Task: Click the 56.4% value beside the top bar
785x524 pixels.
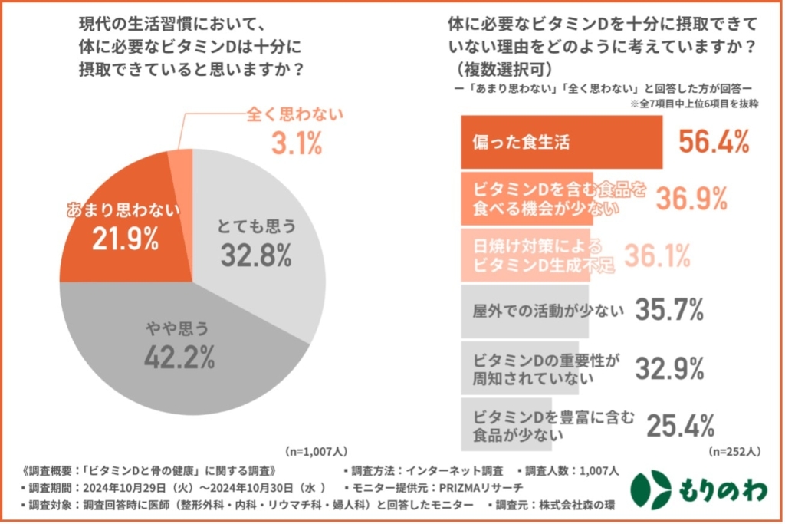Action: tap(714, 141)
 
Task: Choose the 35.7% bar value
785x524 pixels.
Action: tap(668, 311)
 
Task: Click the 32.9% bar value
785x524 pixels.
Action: tap(668, 369)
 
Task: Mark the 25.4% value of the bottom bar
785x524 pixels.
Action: tap(681, 424)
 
